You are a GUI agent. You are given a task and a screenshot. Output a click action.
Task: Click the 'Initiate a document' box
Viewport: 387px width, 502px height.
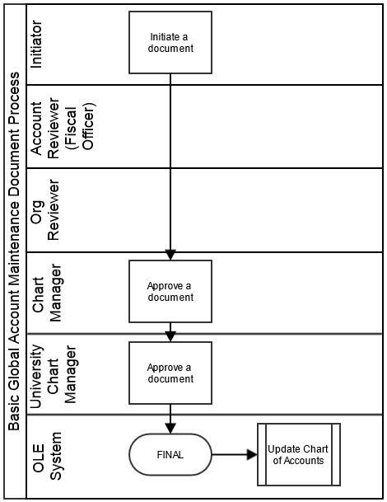[170, 43]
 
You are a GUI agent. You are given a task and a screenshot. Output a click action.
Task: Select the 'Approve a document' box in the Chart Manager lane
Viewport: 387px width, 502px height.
[170, 291]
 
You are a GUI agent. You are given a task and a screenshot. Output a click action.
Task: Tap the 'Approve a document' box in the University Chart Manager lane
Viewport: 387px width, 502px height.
[170, 373]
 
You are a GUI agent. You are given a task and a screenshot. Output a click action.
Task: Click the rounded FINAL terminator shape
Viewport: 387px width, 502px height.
[170, 455]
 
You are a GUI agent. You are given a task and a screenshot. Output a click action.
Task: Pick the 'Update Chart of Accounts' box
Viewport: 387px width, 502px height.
[299, 455]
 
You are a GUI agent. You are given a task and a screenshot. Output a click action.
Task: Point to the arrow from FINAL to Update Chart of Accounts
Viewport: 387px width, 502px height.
[235, 455]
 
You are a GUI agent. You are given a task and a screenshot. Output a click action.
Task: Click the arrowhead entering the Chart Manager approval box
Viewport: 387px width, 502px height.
[170, 255]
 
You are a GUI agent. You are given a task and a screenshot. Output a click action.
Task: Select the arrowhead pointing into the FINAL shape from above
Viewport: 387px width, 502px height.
[170, 429]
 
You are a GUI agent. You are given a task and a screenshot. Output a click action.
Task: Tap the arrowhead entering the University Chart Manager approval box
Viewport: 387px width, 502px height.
[170, 336]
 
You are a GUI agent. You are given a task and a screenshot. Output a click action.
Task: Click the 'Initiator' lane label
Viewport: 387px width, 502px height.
[36, 45]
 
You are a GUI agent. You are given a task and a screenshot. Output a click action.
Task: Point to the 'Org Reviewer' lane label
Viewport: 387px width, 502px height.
[44, 210]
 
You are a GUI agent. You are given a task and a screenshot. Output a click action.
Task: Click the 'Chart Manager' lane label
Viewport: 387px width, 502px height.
[47, 293]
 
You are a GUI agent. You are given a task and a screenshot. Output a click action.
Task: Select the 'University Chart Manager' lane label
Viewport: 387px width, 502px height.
[53, 374]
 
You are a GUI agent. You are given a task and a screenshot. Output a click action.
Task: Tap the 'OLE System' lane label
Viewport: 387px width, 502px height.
[47, 456]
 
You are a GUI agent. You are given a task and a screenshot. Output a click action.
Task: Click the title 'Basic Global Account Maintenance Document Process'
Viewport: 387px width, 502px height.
[14, 251]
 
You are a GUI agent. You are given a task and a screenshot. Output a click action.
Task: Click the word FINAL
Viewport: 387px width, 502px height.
[170, 455]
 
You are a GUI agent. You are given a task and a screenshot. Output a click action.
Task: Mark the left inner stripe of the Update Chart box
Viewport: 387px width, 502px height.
[265, 455]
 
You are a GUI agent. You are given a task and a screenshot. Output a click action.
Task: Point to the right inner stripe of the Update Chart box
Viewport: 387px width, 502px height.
[332, 455]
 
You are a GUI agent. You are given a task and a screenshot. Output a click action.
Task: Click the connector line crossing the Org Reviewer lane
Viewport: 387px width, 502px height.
[170, 210]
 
